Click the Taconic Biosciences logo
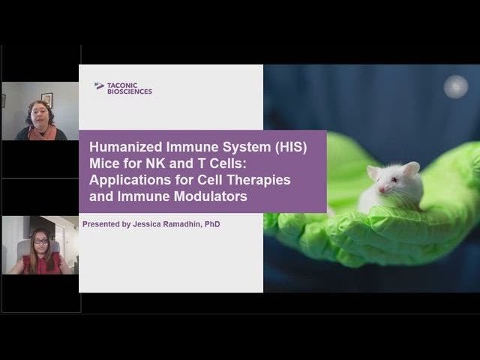(123, 88)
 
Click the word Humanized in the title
(123, 148)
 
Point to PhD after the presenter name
(212, 223)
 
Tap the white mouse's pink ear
(410, 169)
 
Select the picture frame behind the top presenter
(46, 99)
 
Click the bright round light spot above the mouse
(455, 87)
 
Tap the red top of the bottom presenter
(41, 265)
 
